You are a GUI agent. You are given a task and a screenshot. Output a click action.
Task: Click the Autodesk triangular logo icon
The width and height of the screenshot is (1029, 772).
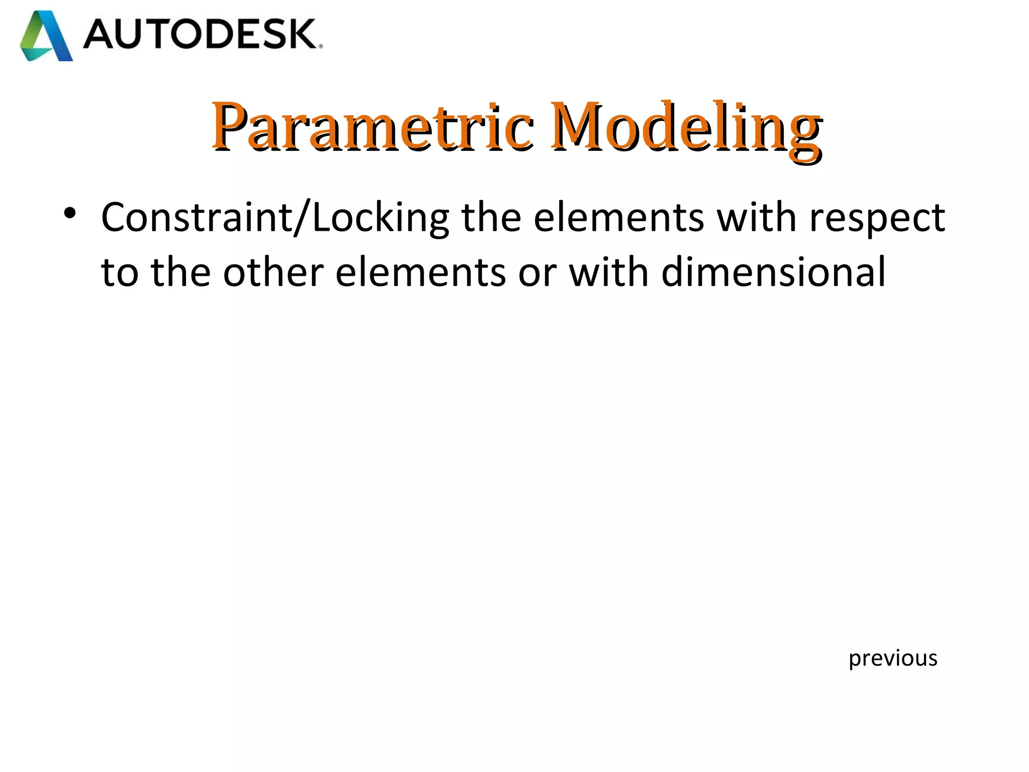[46, 36]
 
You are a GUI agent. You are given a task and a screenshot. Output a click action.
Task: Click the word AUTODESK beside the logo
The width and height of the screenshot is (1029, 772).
[199, 34]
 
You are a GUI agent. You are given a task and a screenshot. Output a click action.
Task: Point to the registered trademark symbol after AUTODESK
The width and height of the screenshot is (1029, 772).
[321, 46]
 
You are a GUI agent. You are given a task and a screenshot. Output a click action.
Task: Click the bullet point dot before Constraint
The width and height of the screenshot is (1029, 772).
[70, 214]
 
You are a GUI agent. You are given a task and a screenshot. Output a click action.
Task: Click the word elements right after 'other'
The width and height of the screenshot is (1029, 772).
[420, 272]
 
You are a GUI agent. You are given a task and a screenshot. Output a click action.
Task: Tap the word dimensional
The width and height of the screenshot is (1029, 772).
[773, 272]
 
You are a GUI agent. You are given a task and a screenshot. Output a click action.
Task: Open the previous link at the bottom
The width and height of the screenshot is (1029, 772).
[893, 658]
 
